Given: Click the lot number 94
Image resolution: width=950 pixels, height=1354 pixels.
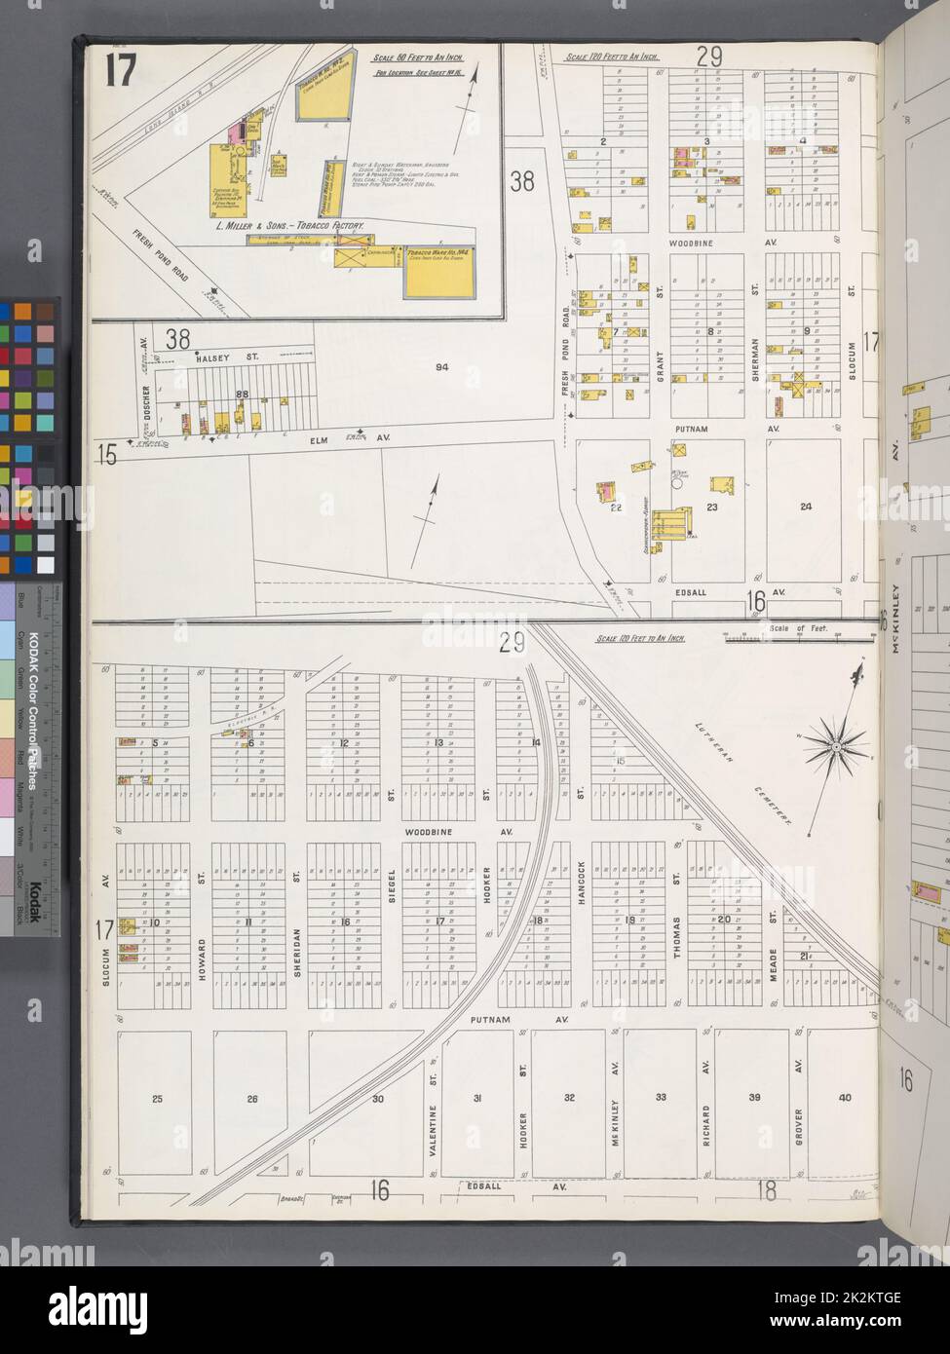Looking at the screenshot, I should point(441,367).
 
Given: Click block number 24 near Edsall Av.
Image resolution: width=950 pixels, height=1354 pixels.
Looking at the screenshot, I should point(805,506).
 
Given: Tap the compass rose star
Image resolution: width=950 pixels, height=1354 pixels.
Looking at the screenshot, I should point(836,748).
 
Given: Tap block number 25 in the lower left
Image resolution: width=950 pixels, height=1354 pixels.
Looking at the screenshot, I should point(157,1099).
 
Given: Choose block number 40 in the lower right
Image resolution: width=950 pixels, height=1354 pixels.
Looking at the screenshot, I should point(844,1098).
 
